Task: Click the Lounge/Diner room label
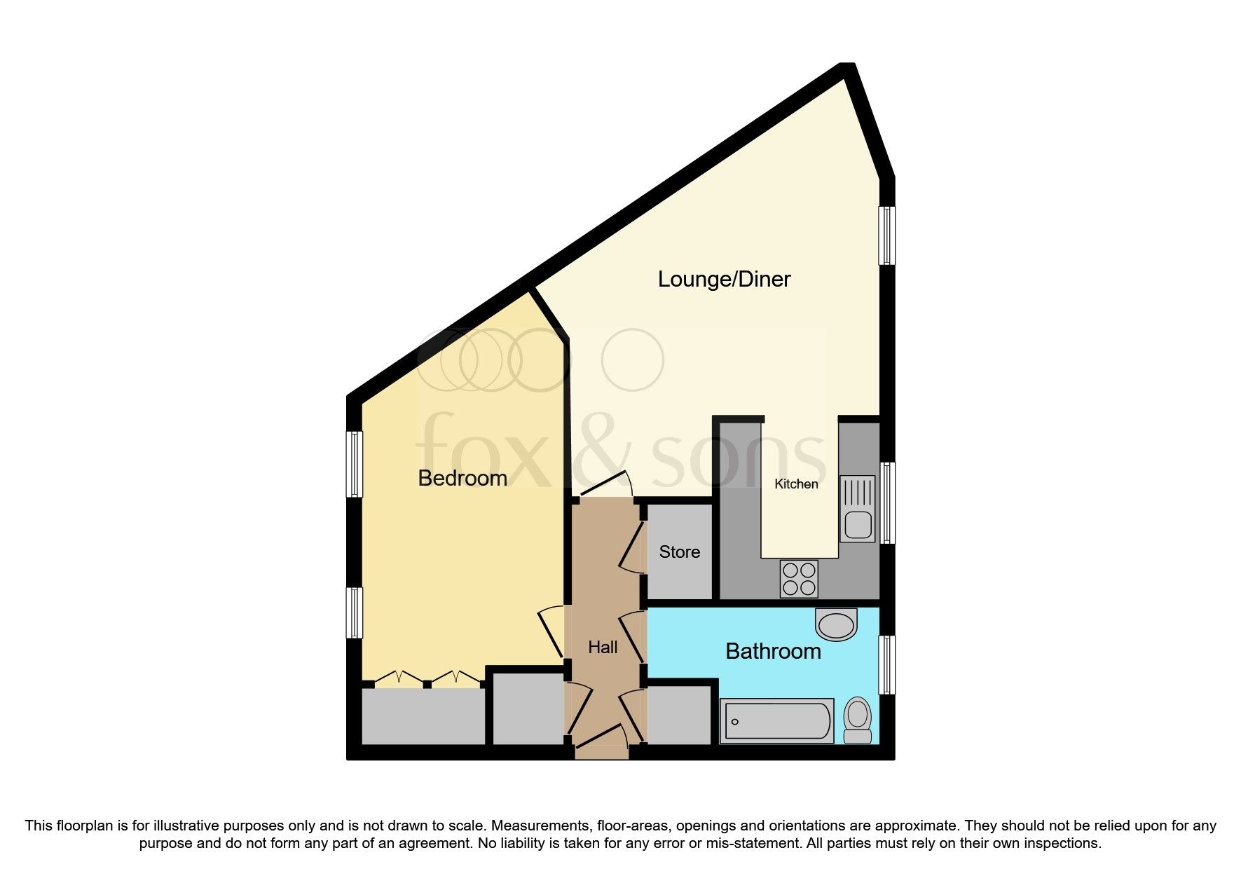724,279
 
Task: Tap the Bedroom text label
462,478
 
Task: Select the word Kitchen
796,484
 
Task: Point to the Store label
679,552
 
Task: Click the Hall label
603,647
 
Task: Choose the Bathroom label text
773,651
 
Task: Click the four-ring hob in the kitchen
799,579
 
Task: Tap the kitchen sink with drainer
858,509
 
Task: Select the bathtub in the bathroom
776,721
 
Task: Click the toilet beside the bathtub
857,720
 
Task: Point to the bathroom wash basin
837,624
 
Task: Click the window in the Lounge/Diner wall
887,235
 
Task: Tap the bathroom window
887,664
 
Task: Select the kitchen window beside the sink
887,502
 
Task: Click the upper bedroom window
355,464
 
